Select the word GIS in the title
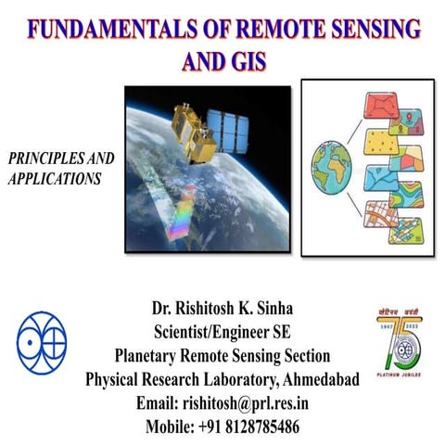(248, 63)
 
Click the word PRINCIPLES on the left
(57, 159)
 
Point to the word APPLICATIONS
(54, 179)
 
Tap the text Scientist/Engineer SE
(222, 332)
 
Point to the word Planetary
(154, 356)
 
